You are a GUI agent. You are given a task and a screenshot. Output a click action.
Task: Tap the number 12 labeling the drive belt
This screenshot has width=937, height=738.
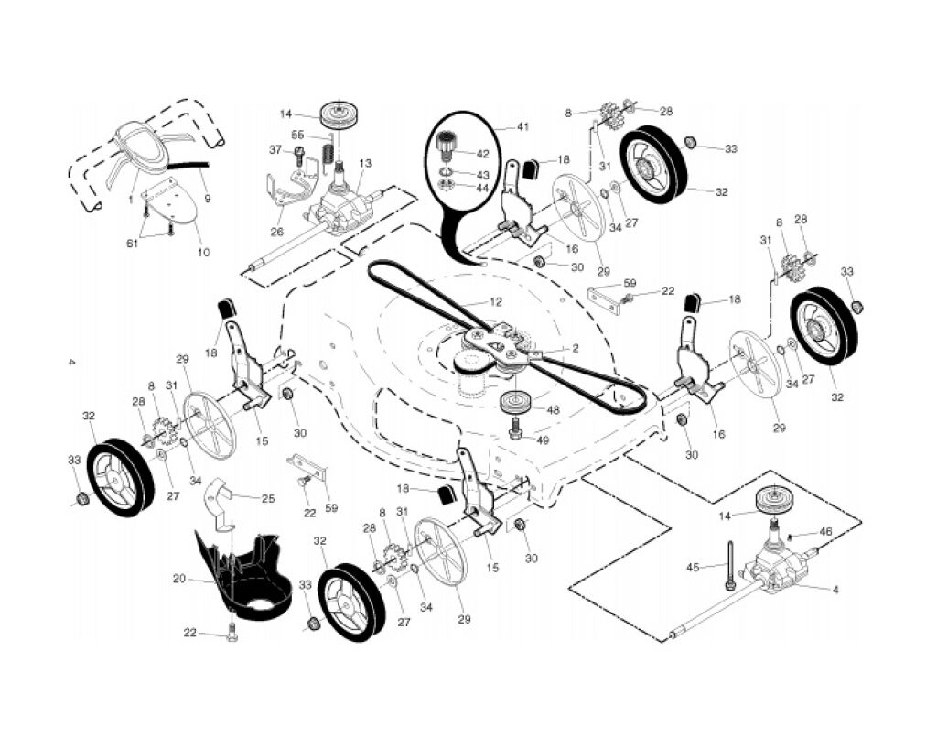495,301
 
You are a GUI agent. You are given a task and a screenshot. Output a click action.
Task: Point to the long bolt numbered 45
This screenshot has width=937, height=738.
732,562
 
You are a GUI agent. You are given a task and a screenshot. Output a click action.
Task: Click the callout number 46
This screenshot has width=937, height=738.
825,531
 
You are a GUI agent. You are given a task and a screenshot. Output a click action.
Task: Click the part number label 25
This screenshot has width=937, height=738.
268,498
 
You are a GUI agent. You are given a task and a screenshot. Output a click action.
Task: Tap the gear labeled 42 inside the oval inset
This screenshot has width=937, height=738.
448,145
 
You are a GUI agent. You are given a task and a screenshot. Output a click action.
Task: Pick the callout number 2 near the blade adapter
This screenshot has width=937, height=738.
575,348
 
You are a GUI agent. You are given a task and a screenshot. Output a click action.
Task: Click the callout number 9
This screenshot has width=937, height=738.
208,197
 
